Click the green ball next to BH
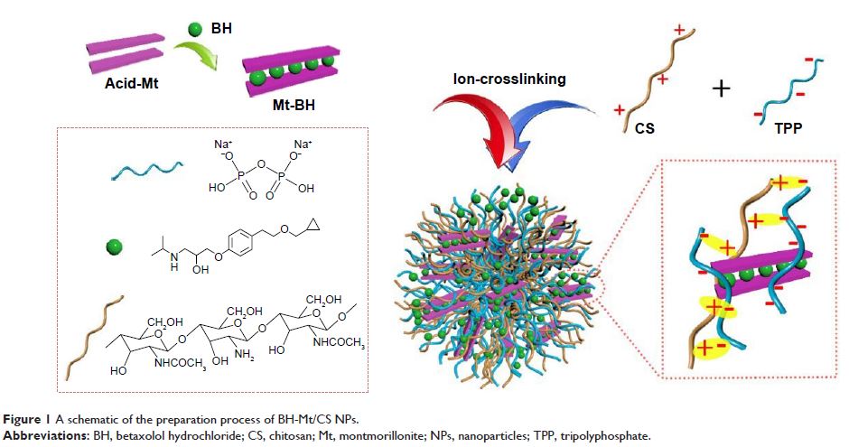point(192,30)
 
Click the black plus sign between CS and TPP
point(721,89)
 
